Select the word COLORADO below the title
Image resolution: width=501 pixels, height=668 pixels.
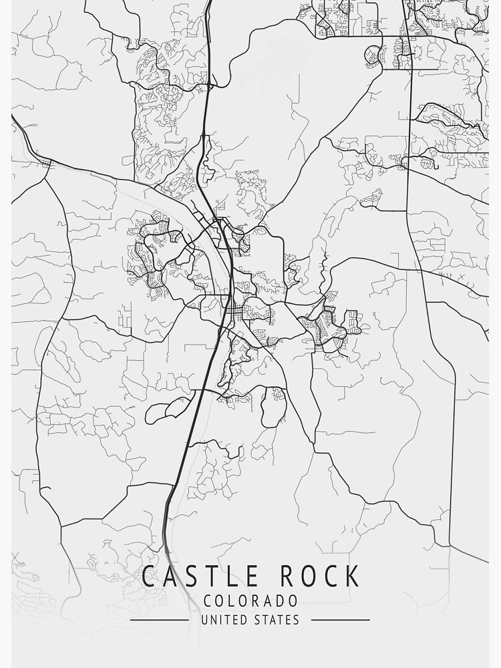click(251, 601)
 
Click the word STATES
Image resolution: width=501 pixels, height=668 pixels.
click(277, 620)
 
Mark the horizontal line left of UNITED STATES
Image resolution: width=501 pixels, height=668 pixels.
click(159, 620)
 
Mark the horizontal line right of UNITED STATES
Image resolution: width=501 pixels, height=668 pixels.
click(340, 620)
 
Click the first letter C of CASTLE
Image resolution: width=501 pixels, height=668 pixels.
click(148, 576)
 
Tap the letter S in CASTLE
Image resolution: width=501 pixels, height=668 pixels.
click(186, 576)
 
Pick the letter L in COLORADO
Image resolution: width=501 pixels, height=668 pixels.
click(228, 601)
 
